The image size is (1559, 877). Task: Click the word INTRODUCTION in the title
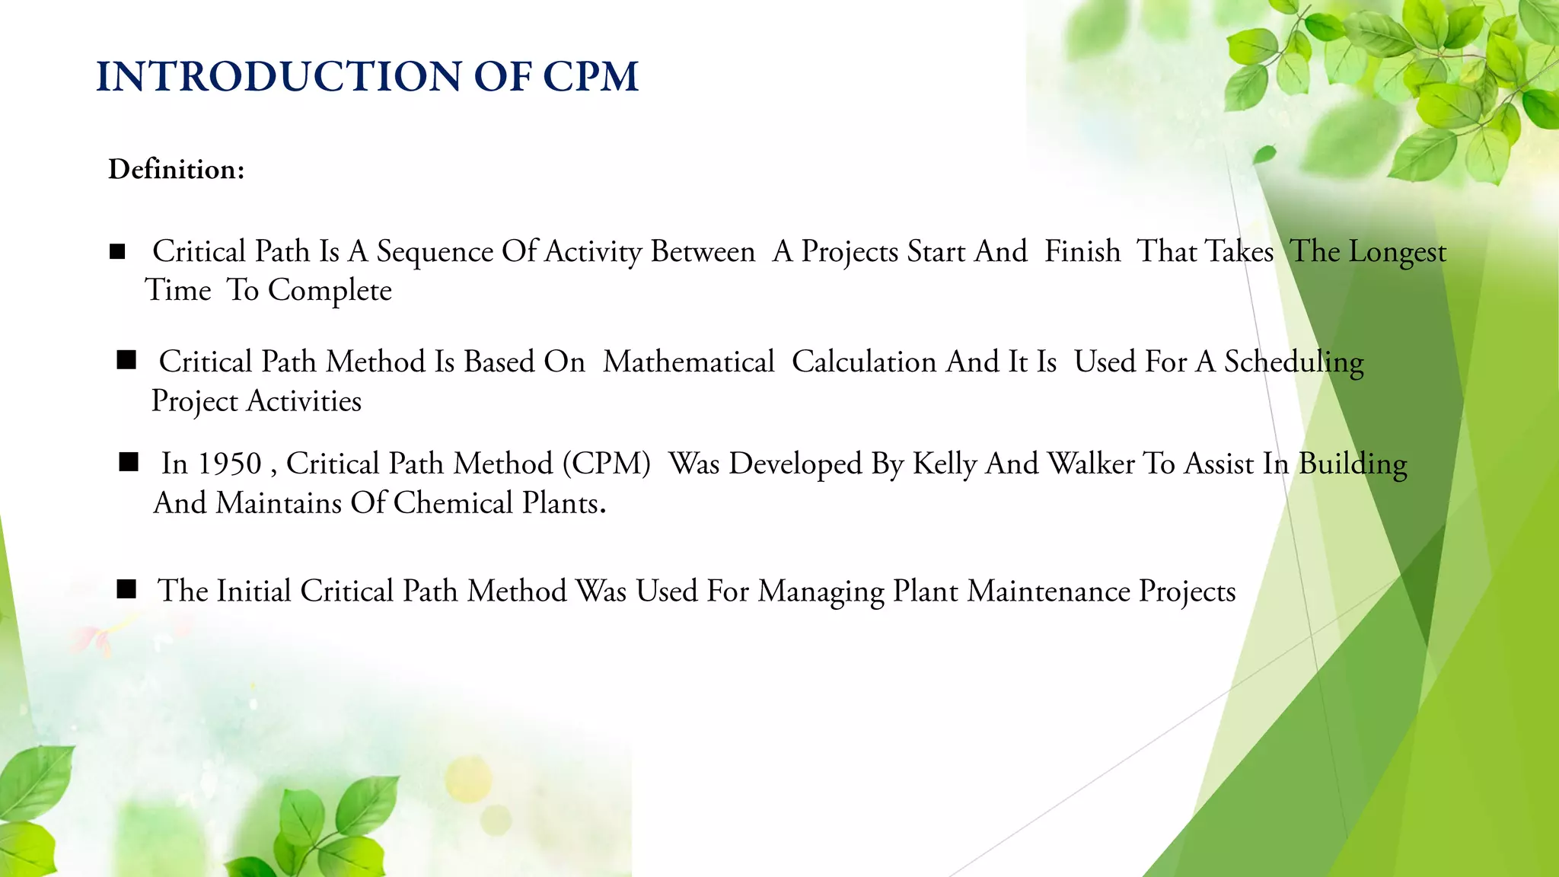pyautogui.click(x=279, y=77)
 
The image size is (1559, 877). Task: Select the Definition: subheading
pyautogui.click(x=177, y=169)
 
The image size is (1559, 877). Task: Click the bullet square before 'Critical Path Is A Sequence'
pyautogui.click(x=117, y=252)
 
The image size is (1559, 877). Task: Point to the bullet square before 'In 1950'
pyautogui.click(x=129, y=462)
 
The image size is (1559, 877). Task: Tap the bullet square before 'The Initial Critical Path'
pyautogui.click(x=126, y=589)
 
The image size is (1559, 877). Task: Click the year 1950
pyautogui.click(x=229, y=464)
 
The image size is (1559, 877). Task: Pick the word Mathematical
pyautogui.click(x=688, y=362)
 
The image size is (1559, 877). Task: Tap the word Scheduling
pyautogui.click(x=1293, y=362)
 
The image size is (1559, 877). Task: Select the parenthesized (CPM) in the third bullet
pyautogui.click(x=607, y=464)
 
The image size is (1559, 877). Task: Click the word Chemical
pyautogui.click(x=453, y=503)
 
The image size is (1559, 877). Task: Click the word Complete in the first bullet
pyautogui.click(x=330, y=291)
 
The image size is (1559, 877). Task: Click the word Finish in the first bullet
pyautogui.click(x=1082, y=252)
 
